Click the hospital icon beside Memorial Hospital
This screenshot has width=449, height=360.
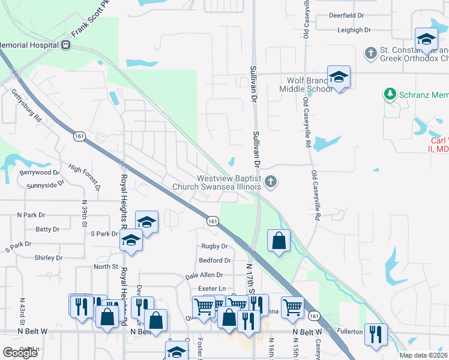pyautogui.click(x=66, y=44)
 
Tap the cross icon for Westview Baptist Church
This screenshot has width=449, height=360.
pyautogui.click(x=271, y=181)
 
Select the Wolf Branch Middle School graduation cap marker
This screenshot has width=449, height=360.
pyautogui.click(x=339, y=77)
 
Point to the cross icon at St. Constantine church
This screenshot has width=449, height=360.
pyautogui.click(x=370, y=53)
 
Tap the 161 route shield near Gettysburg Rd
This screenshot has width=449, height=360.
pyautogui.click(x=80, y=137)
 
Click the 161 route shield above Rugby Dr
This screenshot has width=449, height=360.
pyautogui.click(x=212, y=221)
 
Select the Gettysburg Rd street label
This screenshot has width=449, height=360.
pyautogui.click(x=27, y=106)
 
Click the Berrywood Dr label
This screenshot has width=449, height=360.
pyautogui.click(x=40, y=172)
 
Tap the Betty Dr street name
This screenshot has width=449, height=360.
pyautogui.click(x=47, y=229)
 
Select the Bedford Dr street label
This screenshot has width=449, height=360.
pyautogui.click(x=215, y=260)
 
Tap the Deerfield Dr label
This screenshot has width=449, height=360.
pyautogui.click(x=347, y=15)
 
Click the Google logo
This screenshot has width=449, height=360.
pyautogui.click(x=20, y=353)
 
